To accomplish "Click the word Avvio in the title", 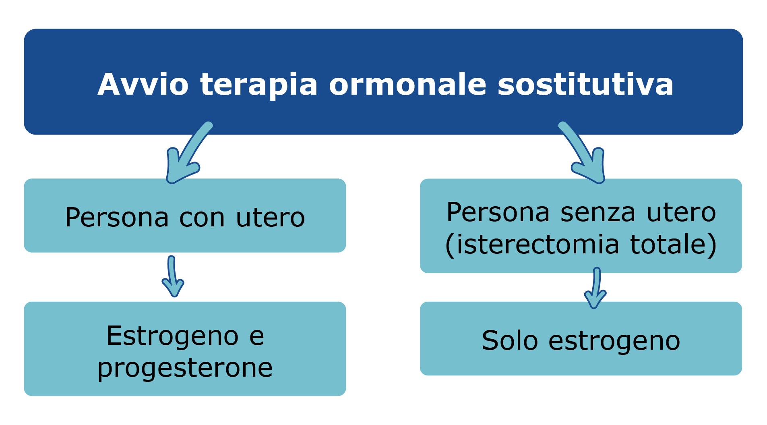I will point(143,85).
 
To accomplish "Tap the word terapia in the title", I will point(259,85).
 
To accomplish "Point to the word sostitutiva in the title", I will point(585,85).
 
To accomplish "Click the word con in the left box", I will point(202,218).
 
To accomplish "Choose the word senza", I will point(598,212).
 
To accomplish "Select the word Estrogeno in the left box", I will point(172,336).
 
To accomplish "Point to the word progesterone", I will point(185,368).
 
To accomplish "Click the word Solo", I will point(509,341).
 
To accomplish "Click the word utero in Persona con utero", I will point(270,218).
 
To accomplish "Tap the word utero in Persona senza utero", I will point(681,212).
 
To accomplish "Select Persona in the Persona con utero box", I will point(117,218).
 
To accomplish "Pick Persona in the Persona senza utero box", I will point(498,212).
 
